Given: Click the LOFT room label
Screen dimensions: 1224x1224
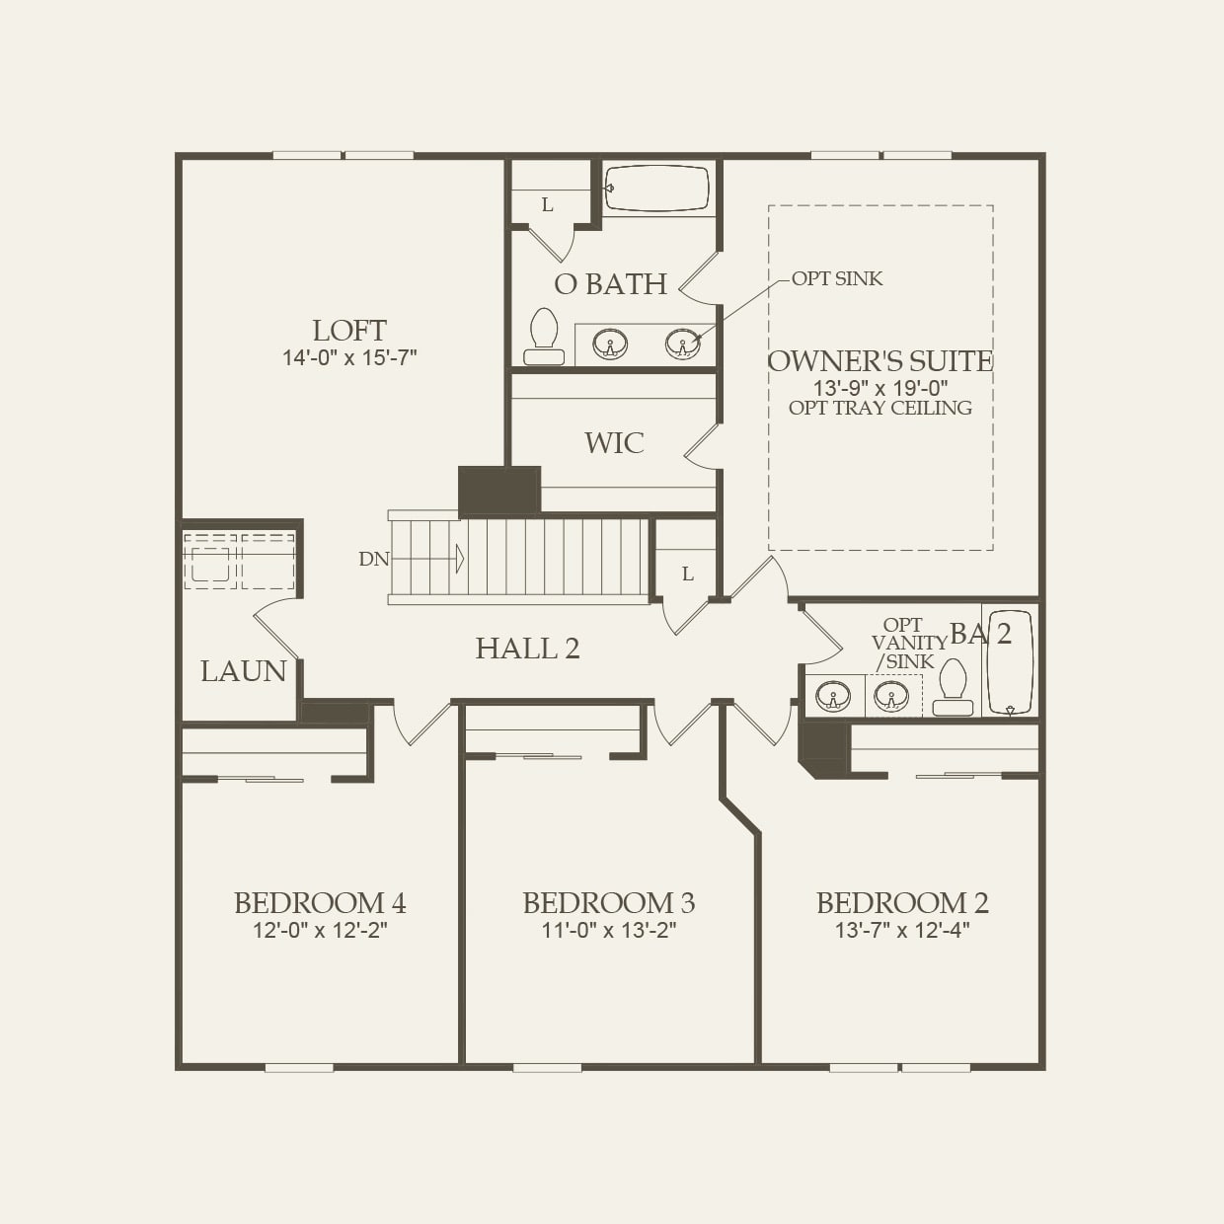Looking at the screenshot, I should [349, 331].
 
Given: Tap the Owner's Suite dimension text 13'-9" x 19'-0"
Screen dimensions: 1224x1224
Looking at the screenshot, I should [880, 388].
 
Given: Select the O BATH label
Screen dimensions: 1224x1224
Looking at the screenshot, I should [610, 284].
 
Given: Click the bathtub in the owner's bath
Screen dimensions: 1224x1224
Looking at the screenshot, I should [657, 188].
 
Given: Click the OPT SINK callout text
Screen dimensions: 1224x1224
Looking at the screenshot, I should [836, 279].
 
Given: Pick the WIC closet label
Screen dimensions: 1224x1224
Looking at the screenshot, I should [614, 443].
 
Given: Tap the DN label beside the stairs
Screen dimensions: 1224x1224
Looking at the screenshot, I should [374, 560].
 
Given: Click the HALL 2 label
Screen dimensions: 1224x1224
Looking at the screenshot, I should [527, 649].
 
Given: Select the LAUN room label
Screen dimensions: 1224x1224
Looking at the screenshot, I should [243, 671].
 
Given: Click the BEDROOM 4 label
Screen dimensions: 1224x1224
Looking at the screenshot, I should [320, 903].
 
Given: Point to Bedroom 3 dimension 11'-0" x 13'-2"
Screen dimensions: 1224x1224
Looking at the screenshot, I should [608, 930].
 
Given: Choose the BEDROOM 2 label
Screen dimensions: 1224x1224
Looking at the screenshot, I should [902, 903].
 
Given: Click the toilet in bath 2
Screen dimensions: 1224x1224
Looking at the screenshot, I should [953, 686].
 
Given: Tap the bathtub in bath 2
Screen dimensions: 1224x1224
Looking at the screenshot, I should [1010, 660].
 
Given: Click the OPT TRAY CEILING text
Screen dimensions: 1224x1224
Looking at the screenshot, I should [880, 408].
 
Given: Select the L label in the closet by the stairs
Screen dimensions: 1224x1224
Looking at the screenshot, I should [687, 574].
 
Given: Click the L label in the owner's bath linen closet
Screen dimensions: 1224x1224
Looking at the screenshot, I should [547, 205].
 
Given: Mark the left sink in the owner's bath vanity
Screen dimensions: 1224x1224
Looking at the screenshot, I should [609, 344].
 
